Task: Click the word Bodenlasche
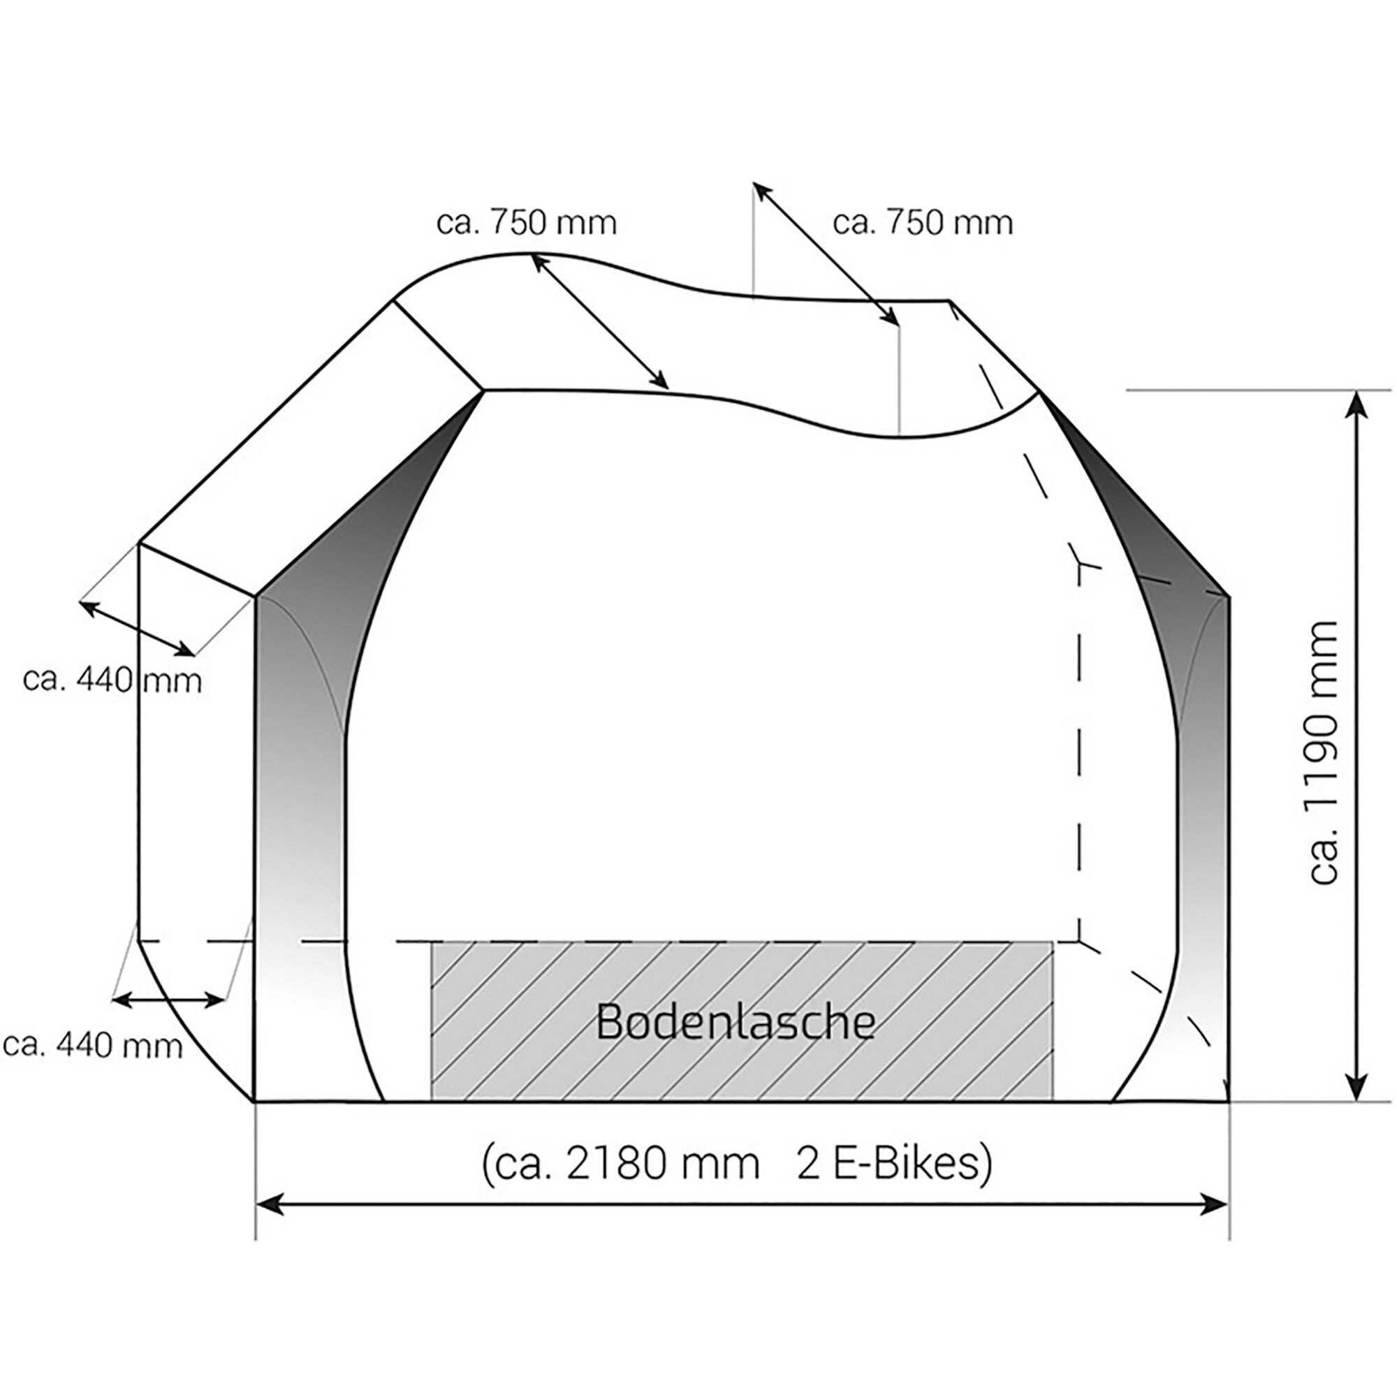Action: (x=736, y=1023)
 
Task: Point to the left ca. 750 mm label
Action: (x=527, y=223)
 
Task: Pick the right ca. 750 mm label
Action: (x=923, y=223)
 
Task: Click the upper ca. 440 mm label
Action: (x=112, y=680)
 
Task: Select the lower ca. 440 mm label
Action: (x=93, y=1045)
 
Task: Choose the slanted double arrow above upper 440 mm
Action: (x=138, y=629)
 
